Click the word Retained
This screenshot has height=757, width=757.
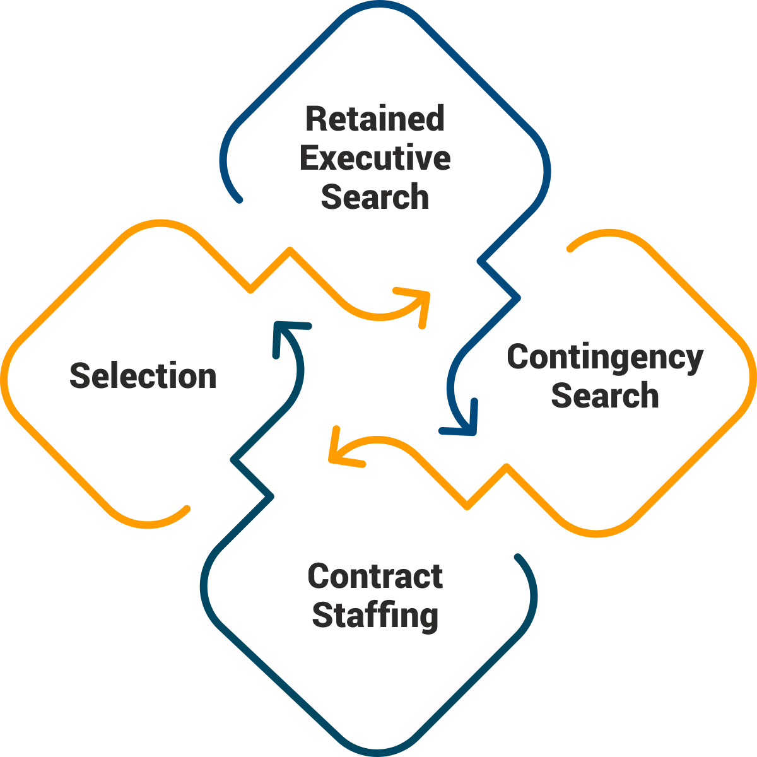point(375,119)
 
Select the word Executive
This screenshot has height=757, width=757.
point(375,158)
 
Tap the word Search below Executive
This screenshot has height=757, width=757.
point(375,197)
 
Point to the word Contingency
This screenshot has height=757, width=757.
point(605,358)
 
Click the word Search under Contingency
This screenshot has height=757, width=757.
point(605,396)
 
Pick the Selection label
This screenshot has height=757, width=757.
point(143,376)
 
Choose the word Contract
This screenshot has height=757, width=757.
point(375,577)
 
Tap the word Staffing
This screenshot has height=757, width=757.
point(375,615)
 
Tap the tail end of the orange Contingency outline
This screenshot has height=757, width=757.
point(570,248)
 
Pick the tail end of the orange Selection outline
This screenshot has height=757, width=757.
point(187,508)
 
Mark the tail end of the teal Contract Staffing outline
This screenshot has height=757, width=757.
point(517,558)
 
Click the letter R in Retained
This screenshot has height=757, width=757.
point(315,119)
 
